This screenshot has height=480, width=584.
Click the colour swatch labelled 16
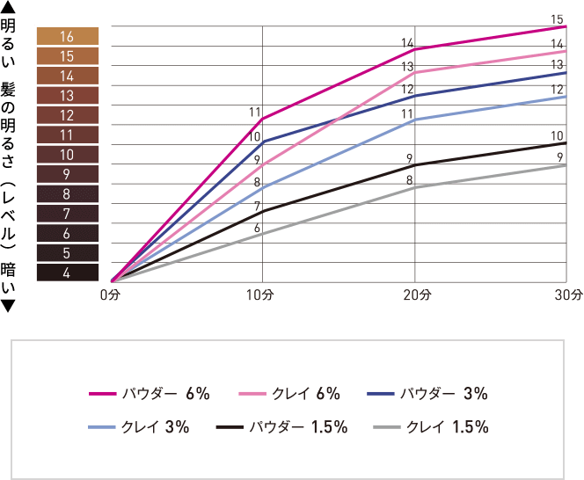point(68,37)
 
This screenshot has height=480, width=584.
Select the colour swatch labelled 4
point(68,273)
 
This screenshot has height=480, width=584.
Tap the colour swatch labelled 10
point(68,155)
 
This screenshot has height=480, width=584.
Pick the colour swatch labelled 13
point(68,96)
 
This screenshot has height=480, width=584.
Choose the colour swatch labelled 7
point(68,214)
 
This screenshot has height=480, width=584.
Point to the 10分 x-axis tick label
point(263,295)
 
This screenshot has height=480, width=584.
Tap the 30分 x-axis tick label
point(569,295)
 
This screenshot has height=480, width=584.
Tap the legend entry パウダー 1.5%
point(283,428)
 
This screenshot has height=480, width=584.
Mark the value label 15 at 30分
point(557,18)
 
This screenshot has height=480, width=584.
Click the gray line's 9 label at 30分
point(560,156)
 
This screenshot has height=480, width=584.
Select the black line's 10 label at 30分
point(557,136)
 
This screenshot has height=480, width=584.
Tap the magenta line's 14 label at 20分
point(407,42)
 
